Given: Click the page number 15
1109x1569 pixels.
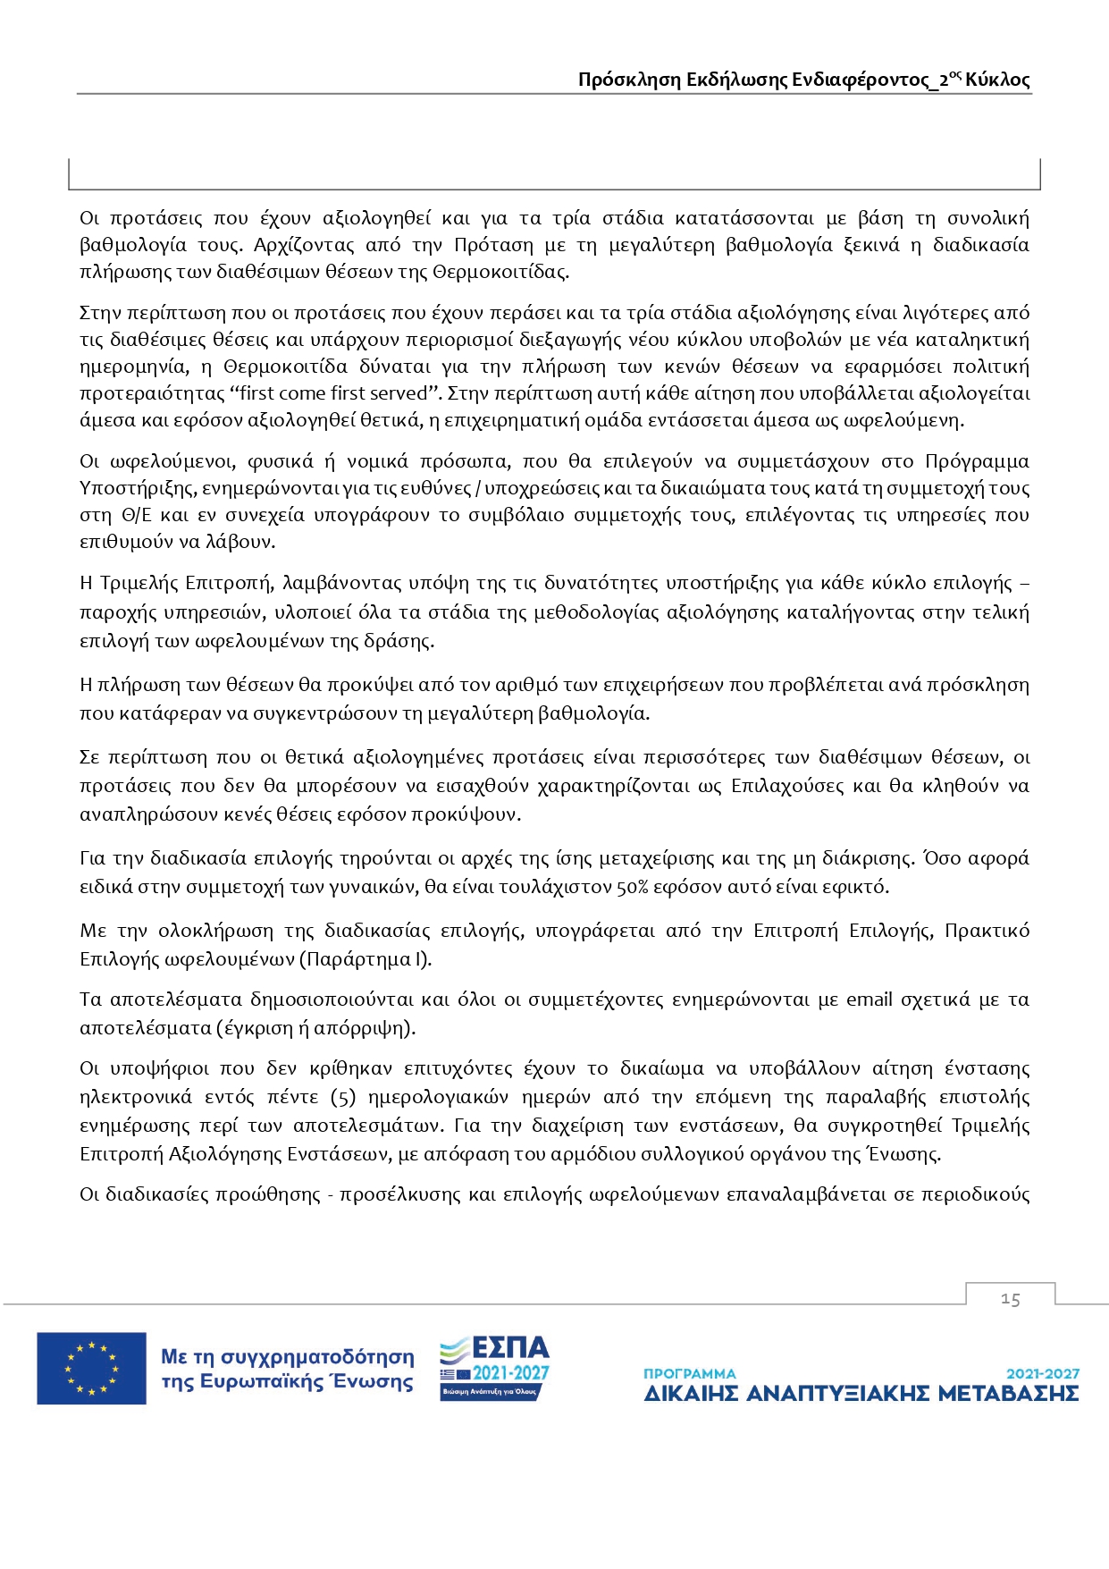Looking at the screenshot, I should pyautogui.click(x=1011, y=1299).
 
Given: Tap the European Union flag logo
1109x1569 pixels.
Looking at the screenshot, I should pyautogui.click(x=91, y=1368).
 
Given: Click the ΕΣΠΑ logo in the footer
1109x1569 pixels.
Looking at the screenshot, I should pyautogui.click(x=494, y=1368).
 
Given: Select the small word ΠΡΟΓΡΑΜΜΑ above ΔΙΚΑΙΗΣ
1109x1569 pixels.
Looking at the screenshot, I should pyautogui.click(x=689, y=1373).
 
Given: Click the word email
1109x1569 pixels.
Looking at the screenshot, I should pyautogui.click(x=870, y=1000).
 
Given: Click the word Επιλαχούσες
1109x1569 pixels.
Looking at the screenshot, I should pyautogui.click(x=787, y=786).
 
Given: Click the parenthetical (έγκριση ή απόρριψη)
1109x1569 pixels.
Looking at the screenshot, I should pyautogui.click(x=315, y=1028).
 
